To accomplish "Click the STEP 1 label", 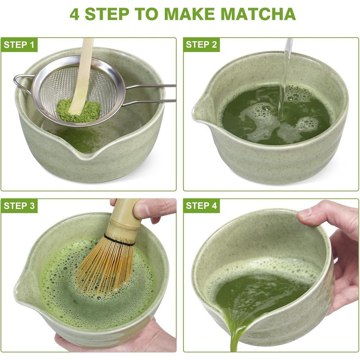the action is tap(19, 45).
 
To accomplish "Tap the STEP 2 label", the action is tap(201, 45).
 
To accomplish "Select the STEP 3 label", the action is tap(19, 206).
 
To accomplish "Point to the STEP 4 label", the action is tap(201, 206).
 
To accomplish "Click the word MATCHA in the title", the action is tap(258, 14).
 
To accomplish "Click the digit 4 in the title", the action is tap(75, 14).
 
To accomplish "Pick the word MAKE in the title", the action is tap(189, 14).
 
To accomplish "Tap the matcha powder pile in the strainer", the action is tap(78, 111).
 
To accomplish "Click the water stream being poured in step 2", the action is tap(284, 78).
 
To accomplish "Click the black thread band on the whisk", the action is tap(119, 240).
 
